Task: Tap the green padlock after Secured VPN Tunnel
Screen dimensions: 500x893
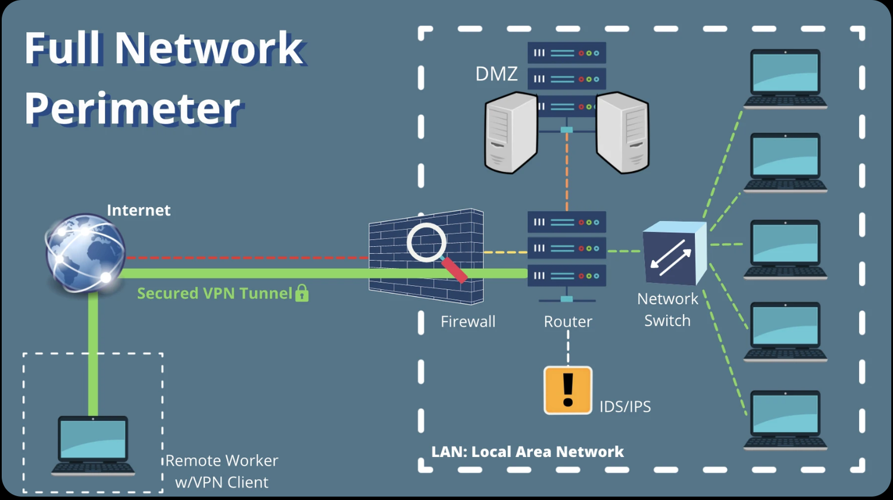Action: pos(302,293)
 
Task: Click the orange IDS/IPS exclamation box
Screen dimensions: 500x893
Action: pos(568,390)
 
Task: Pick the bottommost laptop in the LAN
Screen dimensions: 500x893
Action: pos(785,420)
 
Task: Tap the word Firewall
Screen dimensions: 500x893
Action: pos(468,322)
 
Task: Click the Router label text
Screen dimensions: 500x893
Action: pos(568,322)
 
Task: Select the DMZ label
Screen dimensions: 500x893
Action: pos(497,74)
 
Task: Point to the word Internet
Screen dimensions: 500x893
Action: pos(138,210)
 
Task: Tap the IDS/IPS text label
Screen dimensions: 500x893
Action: pos(625,407)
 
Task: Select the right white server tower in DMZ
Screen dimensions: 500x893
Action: pos(623,134)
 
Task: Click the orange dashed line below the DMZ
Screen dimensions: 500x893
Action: pos(567,173)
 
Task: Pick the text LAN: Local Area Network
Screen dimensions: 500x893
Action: pos(527,452)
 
